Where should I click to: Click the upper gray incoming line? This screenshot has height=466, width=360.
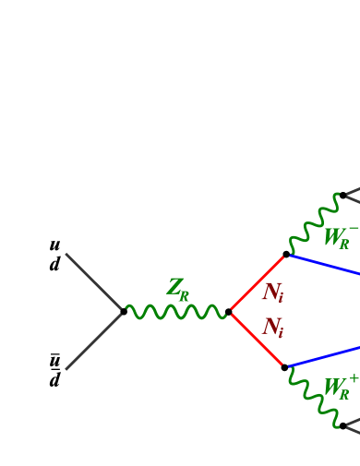(x=93, y=281)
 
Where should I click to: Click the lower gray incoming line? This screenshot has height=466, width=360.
(x=93, y=341)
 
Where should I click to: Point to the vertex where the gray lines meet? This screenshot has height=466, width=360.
(x=123, y=312)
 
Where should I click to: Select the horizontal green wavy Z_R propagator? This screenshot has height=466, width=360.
(x=175, y=312)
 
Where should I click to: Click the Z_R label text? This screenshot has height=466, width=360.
(x=178, y=289)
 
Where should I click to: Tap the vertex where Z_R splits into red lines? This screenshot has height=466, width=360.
(x=230, y=312)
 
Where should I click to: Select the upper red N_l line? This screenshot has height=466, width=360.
(x=258, y=283)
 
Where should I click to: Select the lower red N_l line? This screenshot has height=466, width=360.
(x=258, y=340)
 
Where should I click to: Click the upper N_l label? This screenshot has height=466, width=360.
(x=273, y=293)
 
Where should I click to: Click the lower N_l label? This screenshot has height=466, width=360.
(x=273, y=328)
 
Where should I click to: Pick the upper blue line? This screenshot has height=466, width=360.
(x=325, y=265)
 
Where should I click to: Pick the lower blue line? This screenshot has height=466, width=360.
(x=325, y=356)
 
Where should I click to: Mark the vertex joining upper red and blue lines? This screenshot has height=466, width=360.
(x=288, y=255)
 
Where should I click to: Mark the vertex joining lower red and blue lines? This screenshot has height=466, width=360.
(x=288, y=366)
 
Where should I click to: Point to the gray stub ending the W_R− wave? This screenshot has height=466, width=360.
(x=352, y=196)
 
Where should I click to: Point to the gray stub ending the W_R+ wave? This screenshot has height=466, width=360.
(x=352, y=426)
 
